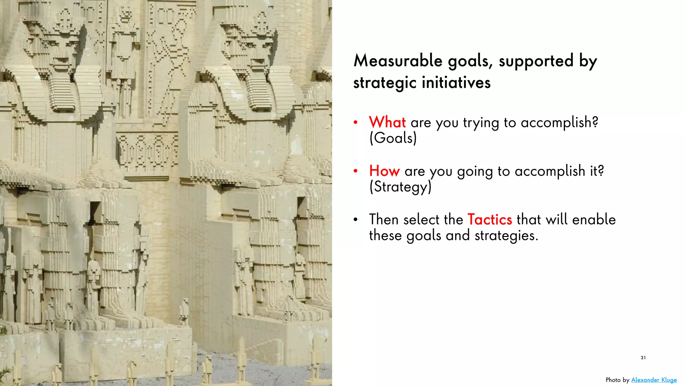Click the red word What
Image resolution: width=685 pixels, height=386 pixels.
click(x=387, y=122)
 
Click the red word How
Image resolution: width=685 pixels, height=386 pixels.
click(x=384, y=171)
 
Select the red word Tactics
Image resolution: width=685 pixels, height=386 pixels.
click(x=490, y=220)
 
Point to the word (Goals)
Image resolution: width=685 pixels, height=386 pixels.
click(x=393, y=138)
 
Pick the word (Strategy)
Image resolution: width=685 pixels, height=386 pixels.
click(x=400, y=187)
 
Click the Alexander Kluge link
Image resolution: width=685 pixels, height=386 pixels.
click(x=654, y=380)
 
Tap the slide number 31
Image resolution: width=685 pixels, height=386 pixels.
click(x=643, y=358)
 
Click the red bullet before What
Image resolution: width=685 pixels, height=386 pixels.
click(x=356, y=123)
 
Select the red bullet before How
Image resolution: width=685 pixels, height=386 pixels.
click(x=356, y=171)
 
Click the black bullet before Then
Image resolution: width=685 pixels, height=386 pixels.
click(x=356, y=220)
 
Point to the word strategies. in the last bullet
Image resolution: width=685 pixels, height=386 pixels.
click(x=506, y=236)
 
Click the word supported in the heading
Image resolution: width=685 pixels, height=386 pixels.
click(x=536, y=61)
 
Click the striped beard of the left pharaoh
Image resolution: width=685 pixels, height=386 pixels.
click(x=63, y=94)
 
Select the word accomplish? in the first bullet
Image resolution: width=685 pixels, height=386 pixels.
click(x=559, y=123)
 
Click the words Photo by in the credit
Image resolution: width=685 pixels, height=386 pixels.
click(x=617, y=380)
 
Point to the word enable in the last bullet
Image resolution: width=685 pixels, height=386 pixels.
click(x=594, y=220)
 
